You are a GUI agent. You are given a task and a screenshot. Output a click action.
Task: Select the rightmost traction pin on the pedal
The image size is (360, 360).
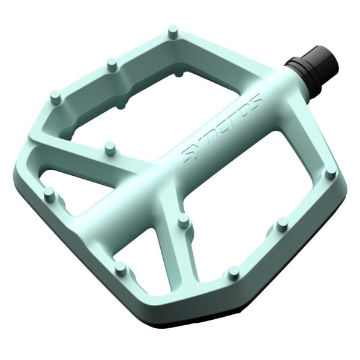pyautogui.click(x=331, y=174)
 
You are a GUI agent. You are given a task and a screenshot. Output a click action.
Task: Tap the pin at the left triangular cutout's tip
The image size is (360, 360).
pyautogui.click(x=49, y=193)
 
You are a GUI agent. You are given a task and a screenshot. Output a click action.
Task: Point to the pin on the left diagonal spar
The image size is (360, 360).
pyautogui.click(x=109, y=146)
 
